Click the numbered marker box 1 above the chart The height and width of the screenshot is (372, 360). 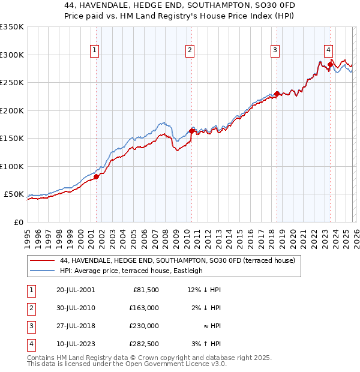click(95, 51)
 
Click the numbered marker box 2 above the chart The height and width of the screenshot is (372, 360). click(190, 51)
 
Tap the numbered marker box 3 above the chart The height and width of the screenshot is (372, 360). click(275, 51)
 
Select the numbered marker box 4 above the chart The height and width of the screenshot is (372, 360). click(329, 51)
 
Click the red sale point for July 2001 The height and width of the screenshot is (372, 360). click(96, 176)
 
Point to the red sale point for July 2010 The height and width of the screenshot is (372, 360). click(191, 131)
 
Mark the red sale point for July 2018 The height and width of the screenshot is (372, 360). click(277, 94)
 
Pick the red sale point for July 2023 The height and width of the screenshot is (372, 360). click(330, 64)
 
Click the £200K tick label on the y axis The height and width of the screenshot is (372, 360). click(12, 110)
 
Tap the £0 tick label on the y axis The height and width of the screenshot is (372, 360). click(18, 222)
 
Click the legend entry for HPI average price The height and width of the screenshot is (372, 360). click(131, 271)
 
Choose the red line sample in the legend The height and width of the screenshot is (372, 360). click(43, 261)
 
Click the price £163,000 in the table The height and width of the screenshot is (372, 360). click(145, 308)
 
